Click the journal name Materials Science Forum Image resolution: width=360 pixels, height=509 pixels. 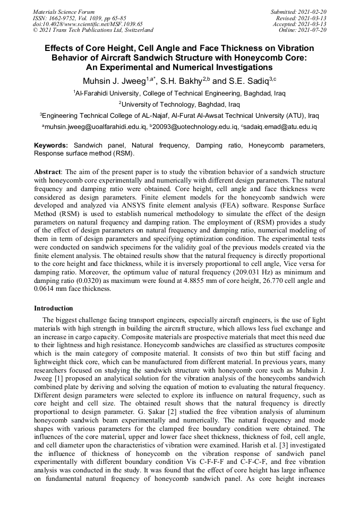pyautogui.click(x=64, y=12)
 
